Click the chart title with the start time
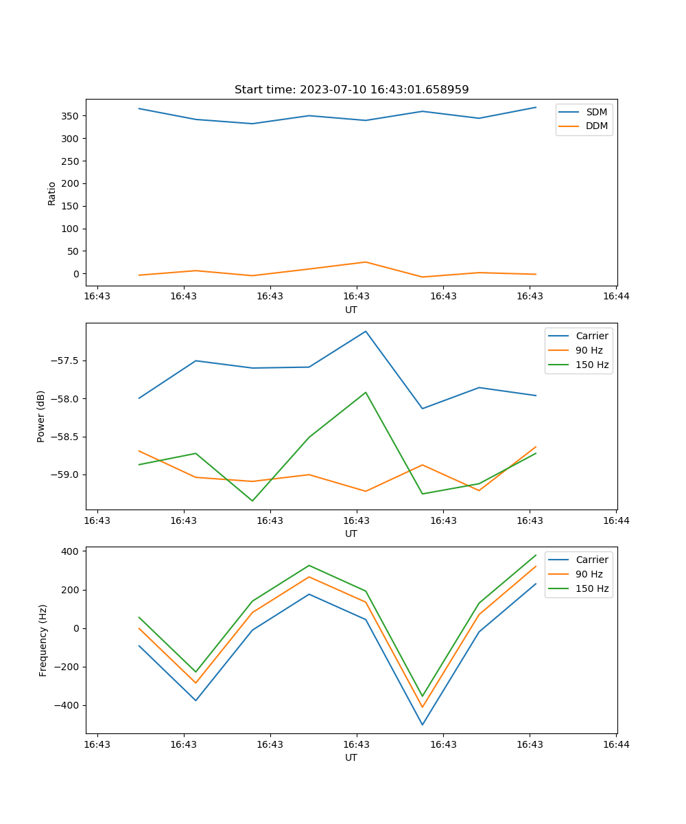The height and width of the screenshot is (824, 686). [351, 90]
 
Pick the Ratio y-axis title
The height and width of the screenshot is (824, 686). [51, 193]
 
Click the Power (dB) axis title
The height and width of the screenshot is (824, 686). [41, 416]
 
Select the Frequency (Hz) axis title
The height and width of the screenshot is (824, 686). [43, 640]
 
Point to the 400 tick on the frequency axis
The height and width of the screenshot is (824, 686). [71, 551]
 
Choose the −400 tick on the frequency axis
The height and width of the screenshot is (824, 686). [68, 705]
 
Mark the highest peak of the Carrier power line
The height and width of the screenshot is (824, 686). [366, 331]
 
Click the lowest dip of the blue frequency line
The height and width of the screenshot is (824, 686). [423, 724]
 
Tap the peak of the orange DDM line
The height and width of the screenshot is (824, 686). [366, 262]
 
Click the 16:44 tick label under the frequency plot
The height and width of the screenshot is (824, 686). [616, 744]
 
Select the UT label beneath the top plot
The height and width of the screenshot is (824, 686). [351, 310]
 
